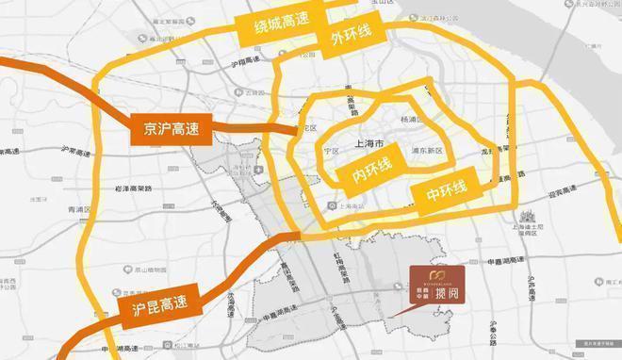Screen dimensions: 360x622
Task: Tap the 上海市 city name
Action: pyautogui.click(x=368, y=144)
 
